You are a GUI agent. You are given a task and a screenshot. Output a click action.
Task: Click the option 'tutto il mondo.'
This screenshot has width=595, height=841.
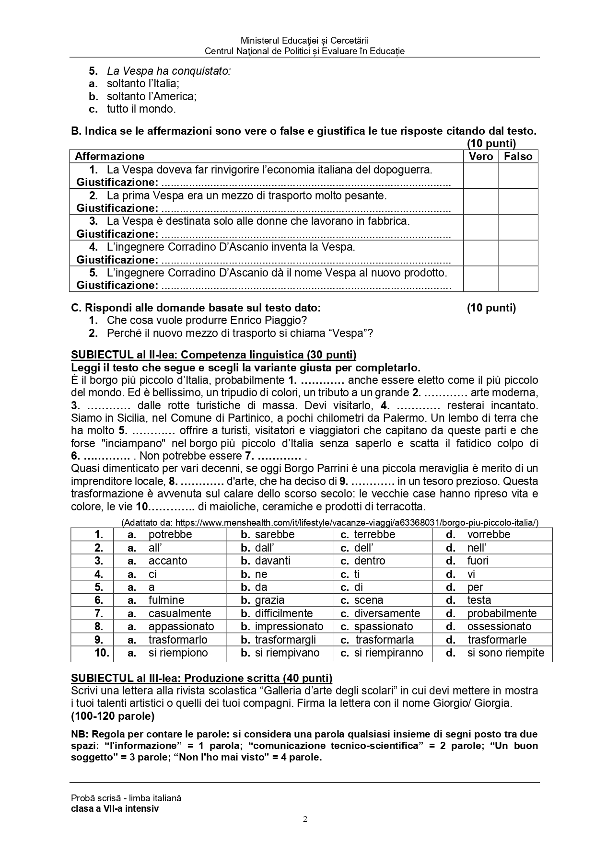141,109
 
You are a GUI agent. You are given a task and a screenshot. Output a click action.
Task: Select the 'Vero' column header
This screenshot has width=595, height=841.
480,156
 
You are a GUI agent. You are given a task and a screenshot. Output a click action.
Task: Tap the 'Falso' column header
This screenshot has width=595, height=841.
518,156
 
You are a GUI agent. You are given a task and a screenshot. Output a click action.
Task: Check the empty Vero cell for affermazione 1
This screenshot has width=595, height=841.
480,176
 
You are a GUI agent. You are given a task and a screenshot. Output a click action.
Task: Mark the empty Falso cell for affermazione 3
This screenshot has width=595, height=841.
518,227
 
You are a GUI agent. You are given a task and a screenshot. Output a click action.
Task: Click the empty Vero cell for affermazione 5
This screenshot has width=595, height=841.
480,279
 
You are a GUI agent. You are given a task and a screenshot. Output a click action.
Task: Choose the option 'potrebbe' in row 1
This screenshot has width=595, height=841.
170,535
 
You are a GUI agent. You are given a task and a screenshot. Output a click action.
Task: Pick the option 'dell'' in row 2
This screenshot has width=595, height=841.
363,548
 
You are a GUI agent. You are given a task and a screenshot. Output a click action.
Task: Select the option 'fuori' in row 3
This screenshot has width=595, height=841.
478,561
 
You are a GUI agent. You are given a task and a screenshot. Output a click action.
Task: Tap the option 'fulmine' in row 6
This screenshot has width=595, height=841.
166,600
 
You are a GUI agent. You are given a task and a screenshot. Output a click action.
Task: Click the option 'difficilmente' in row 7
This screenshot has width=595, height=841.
283,613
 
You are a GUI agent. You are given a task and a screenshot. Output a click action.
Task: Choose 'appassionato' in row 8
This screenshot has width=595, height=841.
181,626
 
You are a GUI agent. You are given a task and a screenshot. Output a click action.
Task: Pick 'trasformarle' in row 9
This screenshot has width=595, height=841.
497,640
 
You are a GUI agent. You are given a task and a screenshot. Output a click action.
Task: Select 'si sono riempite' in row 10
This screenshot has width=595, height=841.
505,653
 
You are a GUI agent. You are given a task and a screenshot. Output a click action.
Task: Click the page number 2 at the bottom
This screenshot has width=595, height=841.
305,819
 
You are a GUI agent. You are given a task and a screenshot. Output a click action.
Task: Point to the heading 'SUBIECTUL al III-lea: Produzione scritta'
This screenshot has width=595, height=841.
201,678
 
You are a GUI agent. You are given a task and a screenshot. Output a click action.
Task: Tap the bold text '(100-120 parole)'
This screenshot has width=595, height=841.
113,716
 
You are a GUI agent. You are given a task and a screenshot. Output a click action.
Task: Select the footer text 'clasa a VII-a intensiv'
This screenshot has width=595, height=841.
115,809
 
